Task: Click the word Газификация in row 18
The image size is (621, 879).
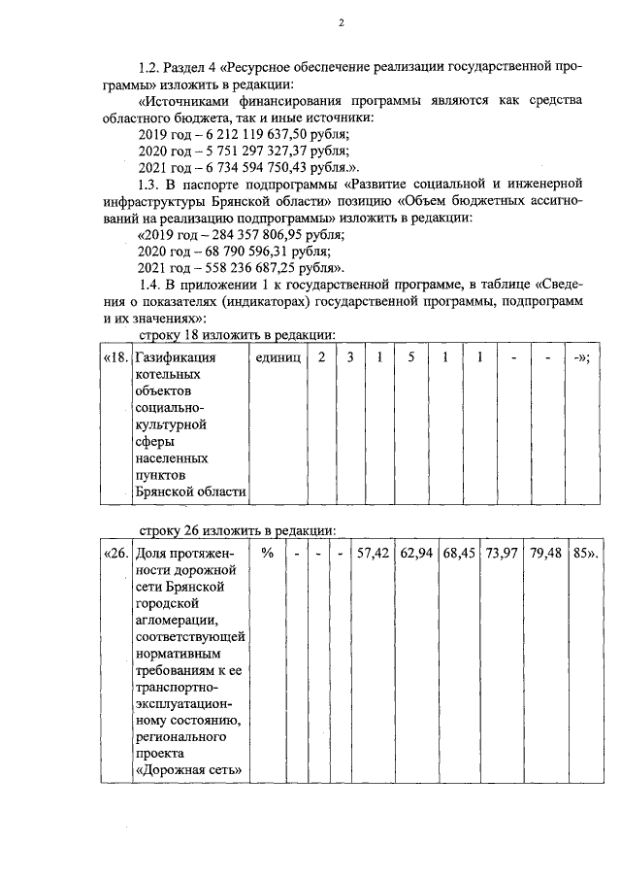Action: (x=174, y=357)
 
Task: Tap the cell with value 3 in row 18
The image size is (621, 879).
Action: (x=350, y=357)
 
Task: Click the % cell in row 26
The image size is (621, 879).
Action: (x=267, y=554)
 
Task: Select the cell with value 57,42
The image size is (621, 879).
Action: (x=373, y=554)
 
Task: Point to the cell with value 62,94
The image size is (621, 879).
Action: (x=416, y=554)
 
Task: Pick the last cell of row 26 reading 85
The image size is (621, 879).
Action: (x=584, y=554)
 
